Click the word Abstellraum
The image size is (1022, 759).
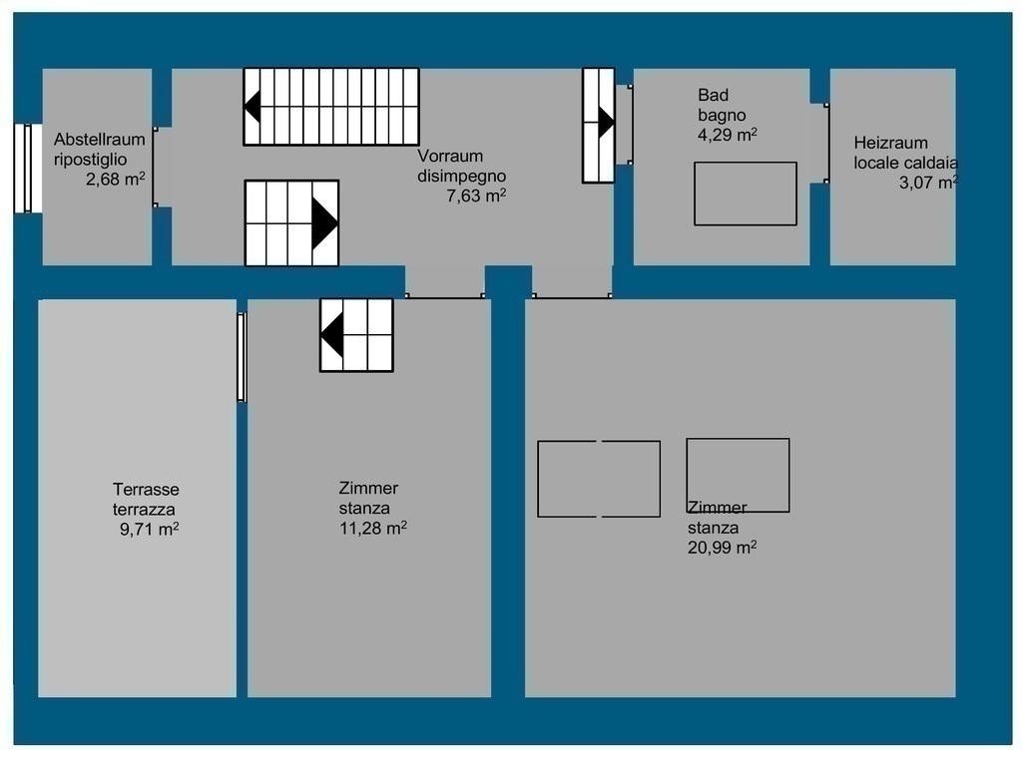(99, 140)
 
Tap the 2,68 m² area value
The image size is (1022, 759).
(116, 179)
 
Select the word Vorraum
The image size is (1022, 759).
(450, 157)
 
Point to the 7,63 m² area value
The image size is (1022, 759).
(476, 195)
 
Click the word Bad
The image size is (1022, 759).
(713, 95)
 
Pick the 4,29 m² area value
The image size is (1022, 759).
(728, 135)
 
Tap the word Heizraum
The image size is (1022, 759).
(890, 143)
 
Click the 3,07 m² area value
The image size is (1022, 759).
(929, 183)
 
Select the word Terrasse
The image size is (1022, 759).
(146, 490)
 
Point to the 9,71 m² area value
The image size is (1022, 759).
(150, 529)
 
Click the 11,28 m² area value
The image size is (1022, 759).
(373, 528)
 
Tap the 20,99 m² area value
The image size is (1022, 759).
(723, 548)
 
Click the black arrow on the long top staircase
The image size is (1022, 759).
(253, 106)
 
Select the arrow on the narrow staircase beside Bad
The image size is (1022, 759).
(606, 122)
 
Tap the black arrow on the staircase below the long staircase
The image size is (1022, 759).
(324, 222)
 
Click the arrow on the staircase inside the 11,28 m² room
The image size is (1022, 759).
(332, 335)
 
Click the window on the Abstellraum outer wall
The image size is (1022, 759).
(24, 169)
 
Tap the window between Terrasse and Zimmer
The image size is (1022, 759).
(242, 357)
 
